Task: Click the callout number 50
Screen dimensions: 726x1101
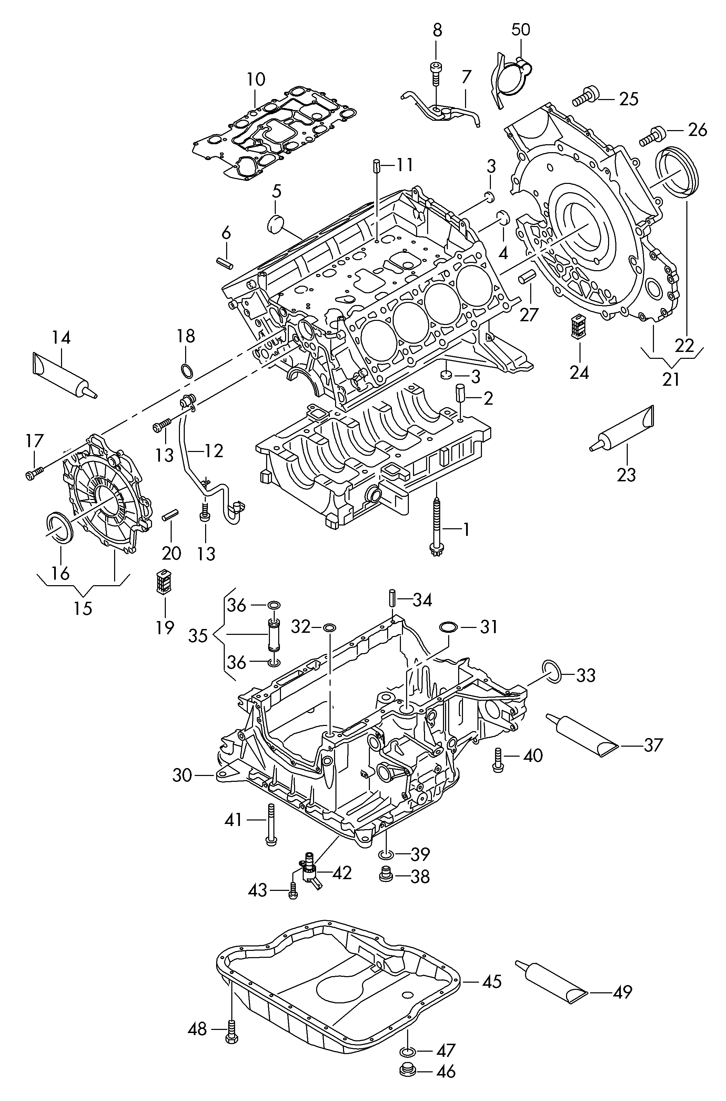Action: tap(521, 30)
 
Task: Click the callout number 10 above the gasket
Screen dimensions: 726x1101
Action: tap(255, 79)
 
